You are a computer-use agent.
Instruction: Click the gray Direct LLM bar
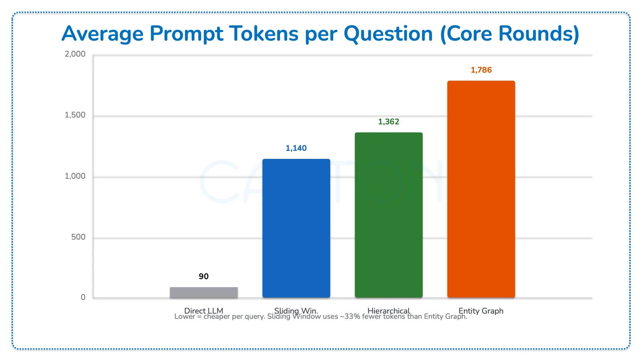(x=203, y=292)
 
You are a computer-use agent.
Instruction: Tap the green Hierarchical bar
(x=388, y=215)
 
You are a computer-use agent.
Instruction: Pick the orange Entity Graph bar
(x=481, y=189)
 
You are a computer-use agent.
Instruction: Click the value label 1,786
(x=481, y=70)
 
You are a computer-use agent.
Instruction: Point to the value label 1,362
(x=388, y=122)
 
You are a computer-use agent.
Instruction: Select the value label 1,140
(x=296, y=148)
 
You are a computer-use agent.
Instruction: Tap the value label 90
(x=203, y=276)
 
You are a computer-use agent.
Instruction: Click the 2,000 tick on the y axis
(x=75, y=54)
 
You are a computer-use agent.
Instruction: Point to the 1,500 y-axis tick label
(x=75, y=115)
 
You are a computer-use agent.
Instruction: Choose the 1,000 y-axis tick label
(x=75, y=176)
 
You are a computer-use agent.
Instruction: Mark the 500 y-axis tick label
(x=78, y=237)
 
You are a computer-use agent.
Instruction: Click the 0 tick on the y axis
(x=83, y=298)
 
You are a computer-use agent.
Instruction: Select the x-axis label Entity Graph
(x=481, y=310)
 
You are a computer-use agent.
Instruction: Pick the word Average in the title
(x=102, y=34)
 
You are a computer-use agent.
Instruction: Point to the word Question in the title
(x=388, y=34)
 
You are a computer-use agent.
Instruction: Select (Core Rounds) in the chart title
(x=510, y=34)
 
